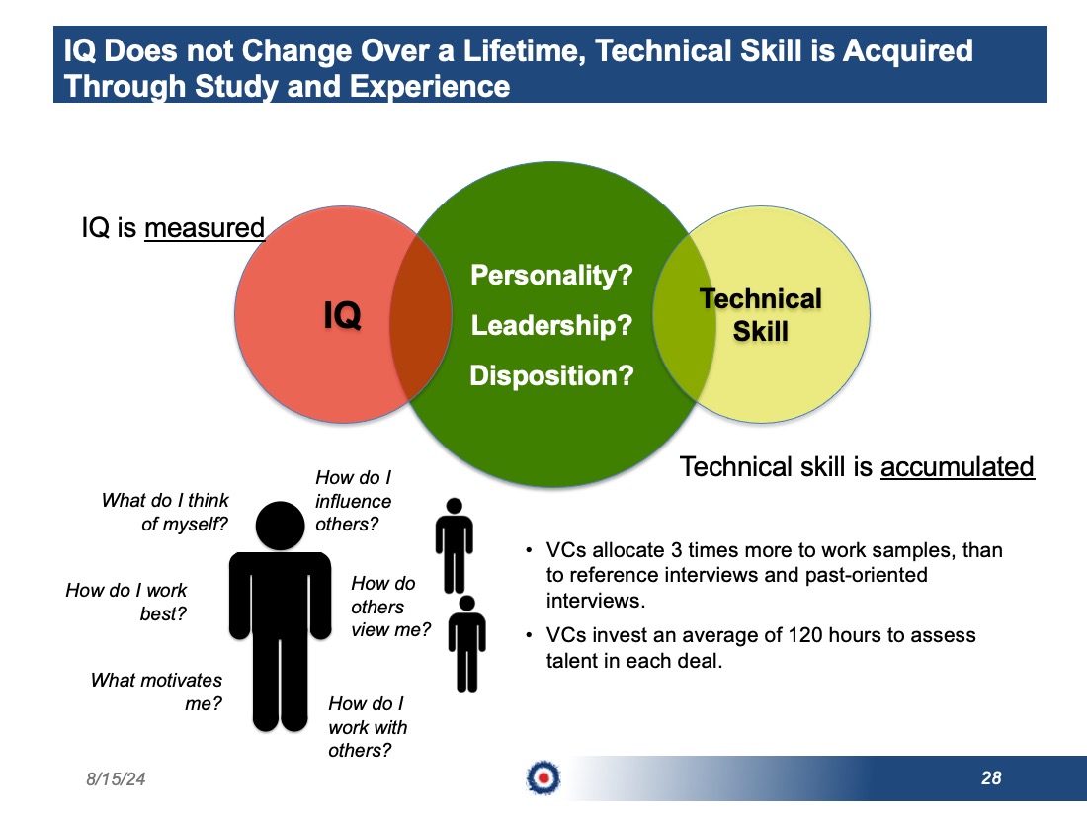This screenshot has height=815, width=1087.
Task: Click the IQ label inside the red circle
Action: (x=343, y=315)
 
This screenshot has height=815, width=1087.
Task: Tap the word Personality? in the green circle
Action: (x=551, y=276)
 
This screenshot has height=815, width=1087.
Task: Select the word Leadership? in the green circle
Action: (x=551, y=325)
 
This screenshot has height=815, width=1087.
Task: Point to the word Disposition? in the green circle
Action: (x=551, y=375)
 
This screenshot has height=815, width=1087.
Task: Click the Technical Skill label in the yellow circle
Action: (x=761, y=314)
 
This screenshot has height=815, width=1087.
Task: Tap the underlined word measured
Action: (x=205, y=228)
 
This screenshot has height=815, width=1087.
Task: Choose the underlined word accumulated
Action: (x=958, y=467)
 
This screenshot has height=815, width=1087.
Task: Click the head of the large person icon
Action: (x=280, y=526)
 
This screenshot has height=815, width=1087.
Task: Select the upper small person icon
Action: (x=455, y=545)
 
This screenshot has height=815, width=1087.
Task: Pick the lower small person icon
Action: (x=467, y=643)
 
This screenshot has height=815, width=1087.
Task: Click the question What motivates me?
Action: (x=157, y=692)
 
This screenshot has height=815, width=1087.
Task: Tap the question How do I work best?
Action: (x=126, y=602)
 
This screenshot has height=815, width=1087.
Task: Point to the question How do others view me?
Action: (x=390, y=607)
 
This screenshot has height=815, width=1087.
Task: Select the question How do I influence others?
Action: (x=354, y=501)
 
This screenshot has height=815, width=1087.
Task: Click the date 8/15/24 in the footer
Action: (x=116, y=779)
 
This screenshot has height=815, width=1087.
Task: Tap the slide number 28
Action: (x=991, y=778)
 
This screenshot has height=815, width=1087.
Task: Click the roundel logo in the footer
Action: (x=543, y=777)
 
